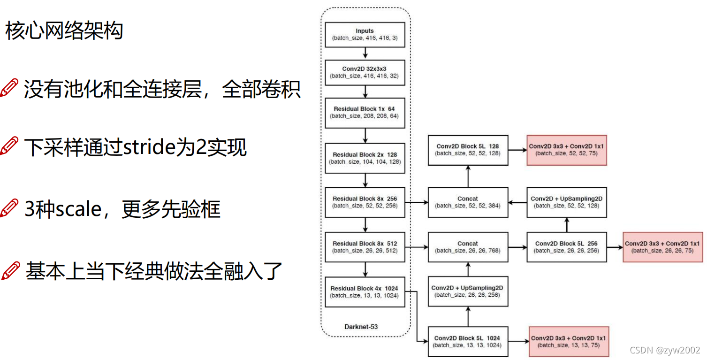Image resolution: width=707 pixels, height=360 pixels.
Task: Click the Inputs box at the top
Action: point(365,34)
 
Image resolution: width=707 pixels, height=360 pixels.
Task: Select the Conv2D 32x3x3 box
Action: point(365,72)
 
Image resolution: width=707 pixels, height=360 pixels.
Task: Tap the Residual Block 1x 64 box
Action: point(365,112)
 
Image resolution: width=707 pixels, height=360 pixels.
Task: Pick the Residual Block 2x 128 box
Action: point(365,158)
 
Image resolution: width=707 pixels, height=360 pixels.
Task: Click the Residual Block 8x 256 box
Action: point(365,202)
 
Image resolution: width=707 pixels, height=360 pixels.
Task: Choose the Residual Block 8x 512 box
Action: point(365,247)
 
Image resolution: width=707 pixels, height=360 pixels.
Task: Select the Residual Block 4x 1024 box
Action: point(365,291)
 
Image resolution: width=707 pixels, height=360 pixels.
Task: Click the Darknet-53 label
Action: point(365,326)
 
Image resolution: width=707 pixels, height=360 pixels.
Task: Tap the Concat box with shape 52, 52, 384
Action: point(468,202)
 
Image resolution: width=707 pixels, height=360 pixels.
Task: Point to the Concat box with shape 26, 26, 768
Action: point(468,247)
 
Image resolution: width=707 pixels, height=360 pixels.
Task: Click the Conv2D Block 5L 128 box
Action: point(468,149)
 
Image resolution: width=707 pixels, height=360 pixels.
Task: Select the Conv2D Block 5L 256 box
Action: point(566,247)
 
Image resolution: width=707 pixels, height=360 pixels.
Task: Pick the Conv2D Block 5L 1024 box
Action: point(468,341)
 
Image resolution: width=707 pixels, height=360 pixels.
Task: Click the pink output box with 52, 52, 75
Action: point(566,149)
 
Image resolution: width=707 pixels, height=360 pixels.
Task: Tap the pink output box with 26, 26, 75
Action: point(662,247)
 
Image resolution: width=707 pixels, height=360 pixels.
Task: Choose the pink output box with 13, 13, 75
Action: point(568,341)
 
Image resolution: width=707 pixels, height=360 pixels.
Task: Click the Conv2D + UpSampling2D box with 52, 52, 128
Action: point(566,202)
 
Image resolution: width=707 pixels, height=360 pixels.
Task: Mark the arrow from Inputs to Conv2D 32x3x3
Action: point(365,54)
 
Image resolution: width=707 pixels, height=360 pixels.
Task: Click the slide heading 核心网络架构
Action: point(64,31)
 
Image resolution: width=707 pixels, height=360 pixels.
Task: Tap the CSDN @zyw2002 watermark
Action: point(664,350)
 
